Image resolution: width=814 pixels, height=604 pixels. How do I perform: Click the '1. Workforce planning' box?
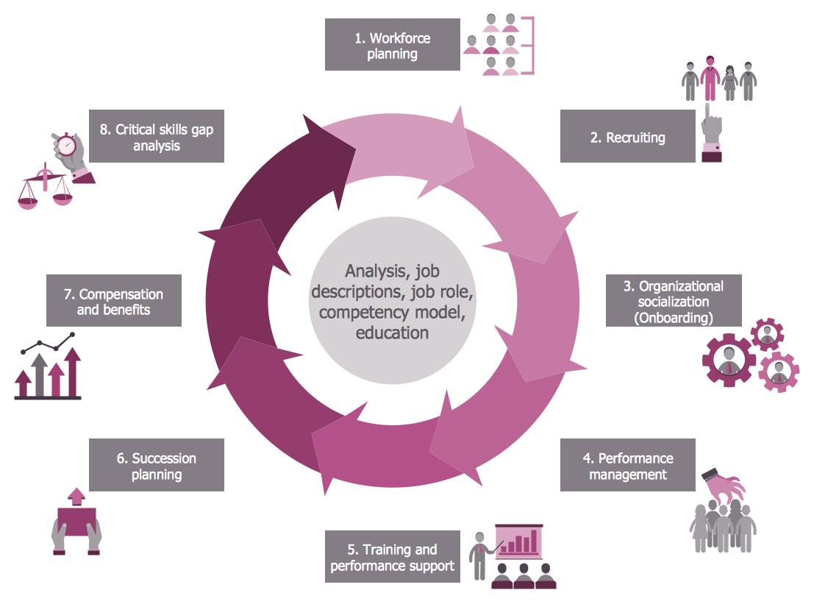pos(393,45)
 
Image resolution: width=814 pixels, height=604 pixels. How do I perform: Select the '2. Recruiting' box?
pos(627,137)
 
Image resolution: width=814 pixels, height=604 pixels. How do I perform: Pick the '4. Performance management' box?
pos(627,466)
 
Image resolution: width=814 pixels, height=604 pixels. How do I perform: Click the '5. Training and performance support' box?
pos(393,558)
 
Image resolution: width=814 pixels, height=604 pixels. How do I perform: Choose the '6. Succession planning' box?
pos(157,466)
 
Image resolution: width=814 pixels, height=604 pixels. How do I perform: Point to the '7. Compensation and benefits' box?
pos(114,301)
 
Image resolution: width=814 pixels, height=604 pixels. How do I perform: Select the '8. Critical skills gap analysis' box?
pos(157,137)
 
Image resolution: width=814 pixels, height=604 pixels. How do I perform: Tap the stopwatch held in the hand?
pos(67,144)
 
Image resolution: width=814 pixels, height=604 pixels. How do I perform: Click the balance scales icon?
pos(44,190)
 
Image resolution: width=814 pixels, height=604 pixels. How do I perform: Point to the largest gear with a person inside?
pos(728,360)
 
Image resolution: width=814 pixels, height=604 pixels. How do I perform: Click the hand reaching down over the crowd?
pos(724,486)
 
